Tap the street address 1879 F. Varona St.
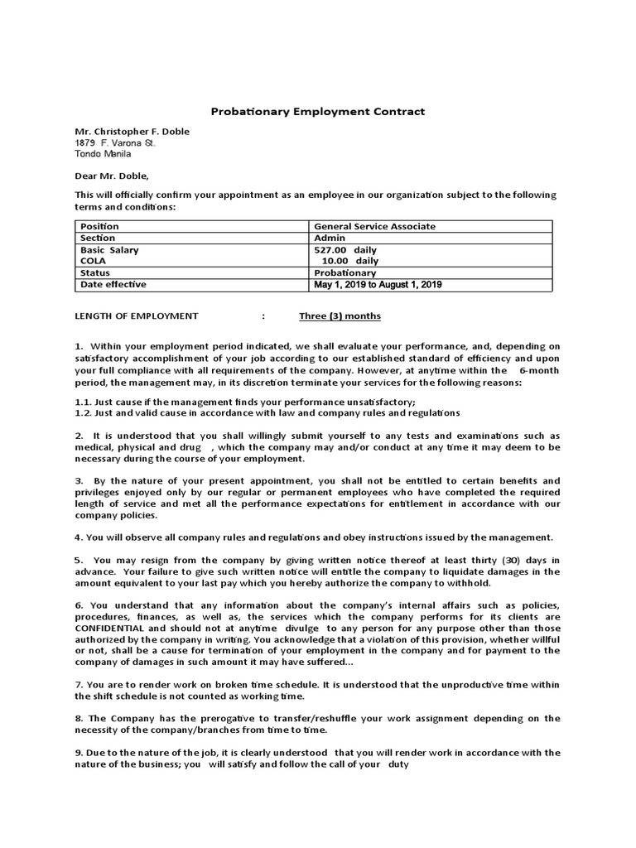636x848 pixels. (x=115, y=142)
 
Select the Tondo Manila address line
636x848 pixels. (x=103, y=154)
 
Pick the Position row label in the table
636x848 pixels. (x=99, y=226)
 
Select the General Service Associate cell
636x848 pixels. (x=374, y=226)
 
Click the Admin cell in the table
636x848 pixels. (x=330, y=238)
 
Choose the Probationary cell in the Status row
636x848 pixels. (x=345, y=272)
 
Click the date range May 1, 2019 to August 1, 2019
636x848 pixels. (x=378, y=285)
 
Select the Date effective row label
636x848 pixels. (x=113, y=284)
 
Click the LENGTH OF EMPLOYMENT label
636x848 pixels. (x=137, y=316)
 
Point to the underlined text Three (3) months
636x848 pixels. (x=340, y=316)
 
